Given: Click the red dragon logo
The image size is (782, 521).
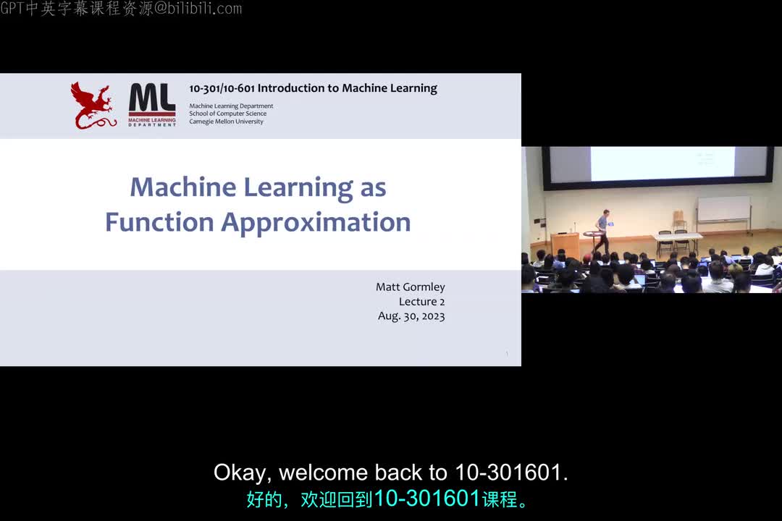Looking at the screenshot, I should click(x=92, y=106).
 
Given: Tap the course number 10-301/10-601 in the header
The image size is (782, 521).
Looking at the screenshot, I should click(x=221, y=88).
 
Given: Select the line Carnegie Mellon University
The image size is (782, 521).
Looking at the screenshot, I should click(x=226, y=122).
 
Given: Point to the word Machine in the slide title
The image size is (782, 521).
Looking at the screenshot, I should click(x=182, y=187).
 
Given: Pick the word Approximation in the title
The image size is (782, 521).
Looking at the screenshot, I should click(x=316, y=223).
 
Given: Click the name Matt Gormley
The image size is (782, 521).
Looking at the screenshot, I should click(x=410, y=287).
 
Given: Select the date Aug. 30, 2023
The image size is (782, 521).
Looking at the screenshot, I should click(x=411, y=316).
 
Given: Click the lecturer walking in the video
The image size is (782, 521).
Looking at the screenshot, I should click(x=602, y=230).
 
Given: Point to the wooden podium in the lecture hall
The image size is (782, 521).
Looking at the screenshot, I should click(x=565, y=244).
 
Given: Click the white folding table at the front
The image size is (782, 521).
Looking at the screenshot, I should click(x=677, y=236).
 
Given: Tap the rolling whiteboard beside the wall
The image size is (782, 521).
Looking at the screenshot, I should click(x=723, y=209).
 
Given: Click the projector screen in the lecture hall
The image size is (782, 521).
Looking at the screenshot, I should click(x=659, y=164).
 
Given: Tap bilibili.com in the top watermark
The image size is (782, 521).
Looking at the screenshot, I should click(x=206, y=9).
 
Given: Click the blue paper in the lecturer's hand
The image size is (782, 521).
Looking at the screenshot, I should click(x=612, y=225).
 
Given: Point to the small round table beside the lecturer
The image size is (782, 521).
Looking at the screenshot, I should click(x=592, y=237).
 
